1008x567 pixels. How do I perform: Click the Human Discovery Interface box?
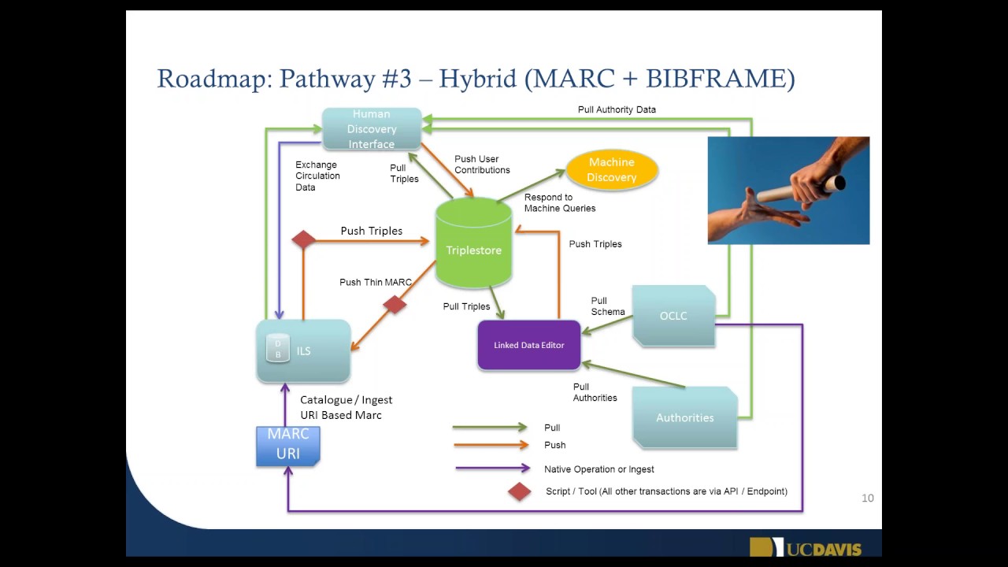372,129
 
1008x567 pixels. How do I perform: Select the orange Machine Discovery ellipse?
611,169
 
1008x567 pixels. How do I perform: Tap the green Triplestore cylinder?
473,244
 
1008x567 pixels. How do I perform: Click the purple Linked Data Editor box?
528,345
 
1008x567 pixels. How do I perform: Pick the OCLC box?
673,316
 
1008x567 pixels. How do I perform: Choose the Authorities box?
684,417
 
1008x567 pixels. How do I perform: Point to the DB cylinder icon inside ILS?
277,348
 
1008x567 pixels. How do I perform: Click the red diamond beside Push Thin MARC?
395,304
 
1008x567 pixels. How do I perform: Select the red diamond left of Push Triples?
304,239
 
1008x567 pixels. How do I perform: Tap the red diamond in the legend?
519,491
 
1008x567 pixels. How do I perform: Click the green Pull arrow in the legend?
489,428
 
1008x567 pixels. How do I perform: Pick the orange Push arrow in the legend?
489,445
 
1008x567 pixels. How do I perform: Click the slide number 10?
868,498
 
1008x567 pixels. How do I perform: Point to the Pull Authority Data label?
617,109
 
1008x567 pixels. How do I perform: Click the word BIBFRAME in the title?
714,79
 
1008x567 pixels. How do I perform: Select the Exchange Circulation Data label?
317,176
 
